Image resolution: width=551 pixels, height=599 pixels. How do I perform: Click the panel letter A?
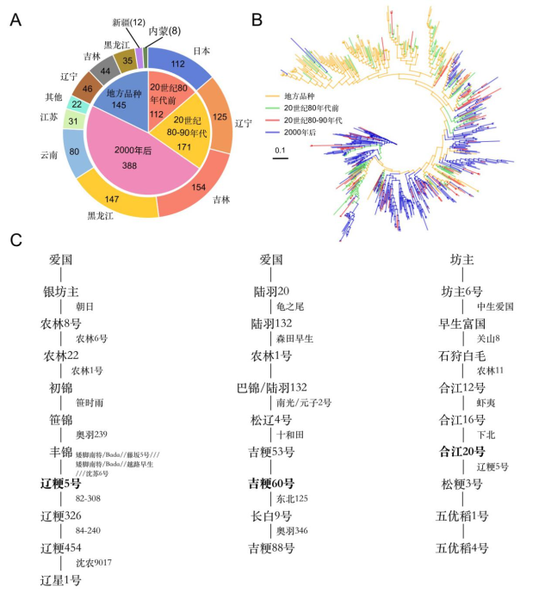pos(15,19)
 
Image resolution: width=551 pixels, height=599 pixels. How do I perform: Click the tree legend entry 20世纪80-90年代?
pos(317,119)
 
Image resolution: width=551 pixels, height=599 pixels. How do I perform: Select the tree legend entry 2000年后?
pos(309,133)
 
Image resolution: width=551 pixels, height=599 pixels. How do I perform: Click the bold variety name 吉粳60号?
pos(271,482)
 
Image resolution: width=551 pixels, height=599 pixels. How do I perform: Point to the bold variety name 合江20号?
pos(462,451)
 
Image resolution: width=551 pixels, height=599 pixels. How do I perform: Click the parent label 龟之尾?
pos(291,306)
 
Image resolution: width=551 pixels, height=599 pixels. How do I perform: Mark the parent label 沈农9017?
pos(94,563)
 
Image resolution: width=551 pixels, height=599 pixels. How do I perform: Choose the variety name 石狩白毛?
pos(463,355)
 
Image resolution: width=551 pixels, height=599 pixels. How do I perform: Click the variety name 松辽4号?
pos(271,419)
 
